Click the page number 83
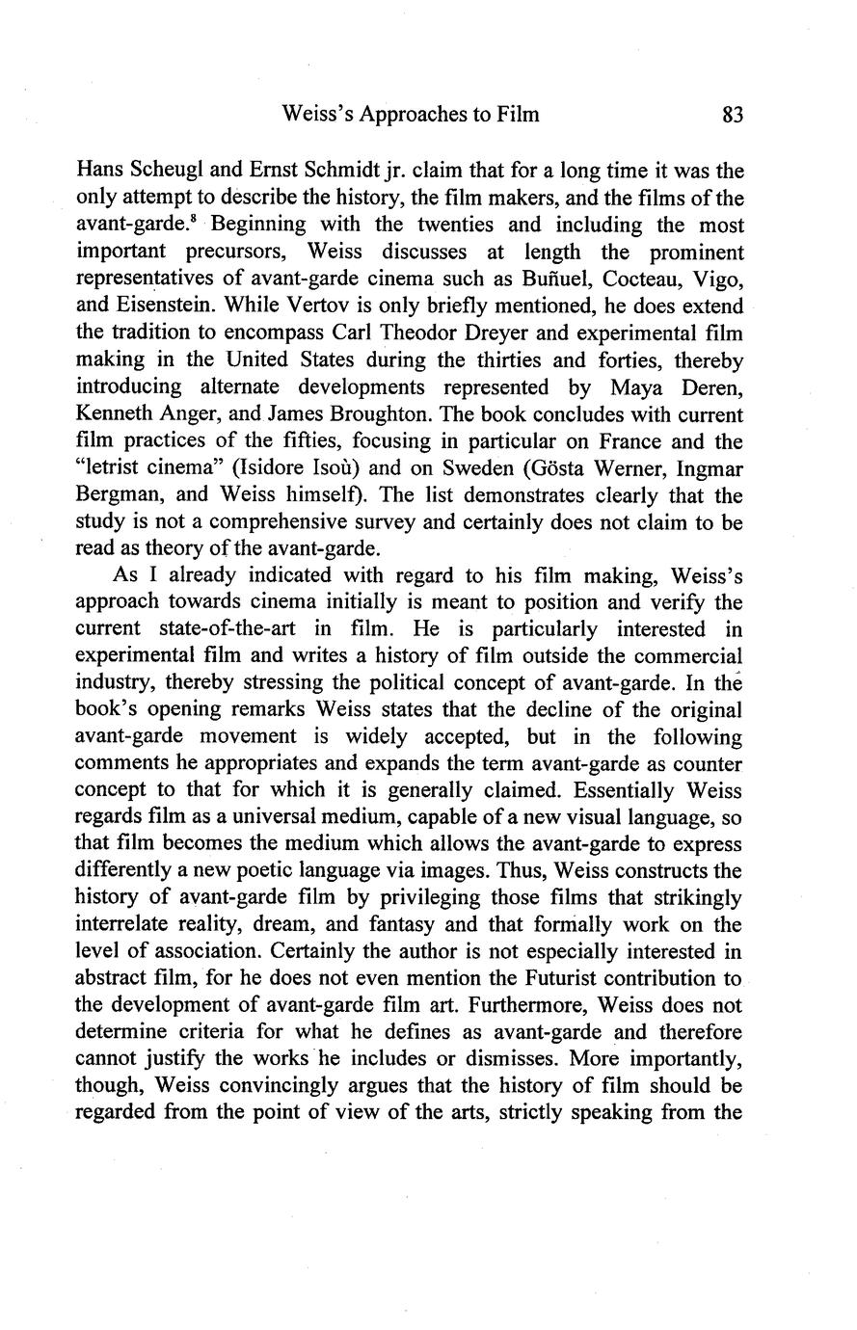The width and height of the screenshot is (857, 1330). pos(733,115)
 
